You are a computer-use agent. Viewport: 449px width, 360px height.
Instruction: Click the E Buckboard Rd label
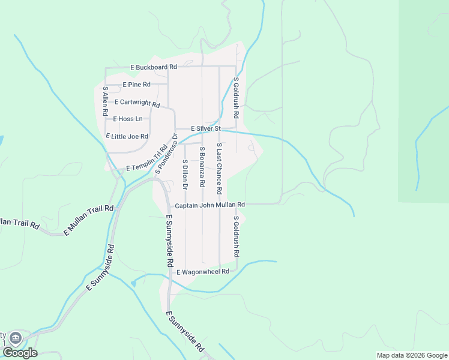coord(154,67)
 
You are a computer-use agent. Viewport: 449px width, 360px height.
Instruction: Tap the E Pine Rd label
coord(136,85)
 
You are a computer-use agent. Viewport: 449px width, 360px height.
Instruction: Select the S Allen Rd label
coord(105,101)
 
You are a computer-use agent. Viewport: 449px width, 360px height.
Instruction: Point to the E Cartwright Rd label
coord(137,103)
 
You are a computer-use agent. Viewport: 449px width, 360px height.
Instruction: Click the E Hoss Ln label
coord(128,119)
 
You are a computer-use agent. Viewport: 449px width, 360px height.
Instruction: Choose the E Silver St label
coord(206,128)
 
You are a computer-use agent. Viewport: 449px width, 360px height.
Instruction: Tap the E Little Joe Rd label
coord(127,136)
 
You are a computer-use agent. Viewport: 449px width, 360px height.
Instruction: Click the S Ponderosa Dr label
coord(167,155)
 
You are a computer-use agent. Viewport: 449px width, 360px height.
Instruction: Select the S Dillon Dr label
coord(185,175)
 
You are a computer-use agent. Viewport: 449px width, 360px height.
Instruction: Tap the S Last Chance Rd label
coord(219,169)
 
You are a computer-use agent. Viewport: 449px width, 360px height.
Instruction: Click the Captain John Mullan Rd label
coord(209,205)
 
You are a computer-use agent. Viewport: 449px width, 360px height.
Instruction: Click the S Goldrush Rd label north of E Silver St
coord(237,97)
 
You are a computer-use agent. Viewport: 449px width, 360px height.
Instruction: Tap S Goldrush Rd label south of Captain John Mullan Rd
coord(237,236)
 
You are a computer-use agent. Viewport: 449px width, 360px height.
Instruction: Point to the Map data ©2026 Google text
coord(411,355)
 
